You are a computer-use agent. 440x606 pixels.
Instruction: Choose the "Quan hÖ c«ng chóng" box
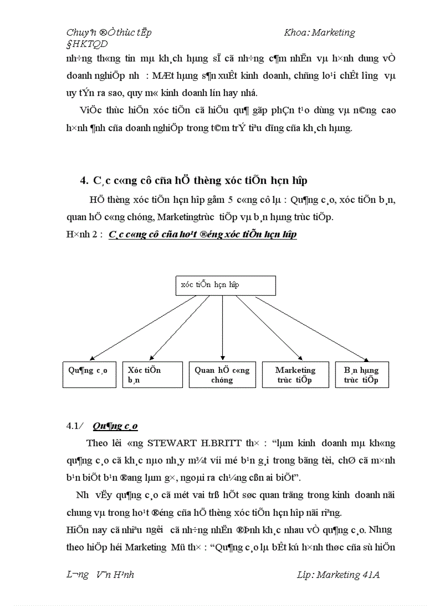pyautogui.click(x=222, y=375)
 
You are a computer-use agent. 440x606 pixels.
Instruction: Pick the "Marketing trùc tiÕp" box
pyautogui.click(x=295, y=375)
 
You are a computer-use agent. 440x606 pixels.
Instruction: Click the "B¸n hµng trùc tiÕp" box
pyautogui.click(x=361, y=375)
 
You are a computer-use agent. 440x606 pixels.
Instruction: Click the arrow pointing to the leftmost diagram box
pyautogui.click(x=142, y=328)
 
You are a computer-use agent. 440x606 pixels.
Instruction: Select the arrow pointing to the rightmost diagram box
pyautogui.click(x=311, y=328)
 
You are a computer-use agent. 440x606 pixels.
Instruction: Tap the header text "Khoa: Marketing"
pyautogui.click(x=319, y=32)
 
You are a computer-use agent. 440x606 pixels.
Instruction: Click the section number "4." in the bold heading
pyautogui.click(x=84, y=180)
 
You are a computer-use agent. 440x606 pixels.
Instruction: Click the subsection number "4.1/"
pyautogui.click(x=75, y=426)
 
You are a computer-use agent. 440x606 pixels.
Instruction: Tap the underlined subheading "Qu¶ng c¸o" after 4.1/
pyautogui.click(x=115, y=426)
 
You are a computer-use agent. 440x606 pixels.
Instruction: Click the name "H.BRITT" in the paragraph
pyautogui.click(x=226, y=444)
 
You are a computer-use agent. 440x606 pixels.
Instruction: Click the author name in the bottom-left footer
pyautogui.click(x=100, y=575)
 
